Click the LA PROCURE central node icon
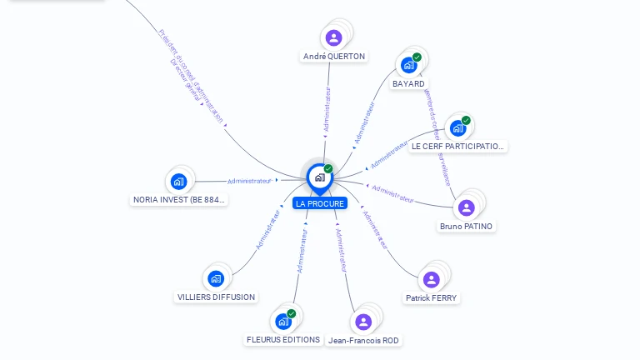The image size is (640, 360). click(319, 177)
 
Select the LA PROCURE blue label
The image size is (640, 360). click(319, 203)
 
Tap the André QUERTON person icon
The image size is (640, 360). click(333, 37)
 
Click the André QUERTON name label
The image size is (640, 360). click(333, 57)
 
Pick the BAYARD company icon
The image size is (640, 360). click(408, 65)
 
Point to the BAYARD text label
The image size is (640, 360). click(408, 83)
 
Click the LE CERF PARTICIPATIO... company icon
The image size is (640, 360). click(457, 127)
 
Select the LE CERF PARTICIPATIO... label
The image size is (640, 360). click(458, 146)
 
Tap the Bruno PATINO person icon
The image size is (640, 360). click(466, 207)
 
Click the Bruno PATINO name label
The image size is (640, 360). click(466, 226)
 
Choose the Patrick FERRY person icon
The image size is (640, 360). click(431, 279)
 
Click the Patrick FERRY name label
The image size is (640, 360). click(431, 297)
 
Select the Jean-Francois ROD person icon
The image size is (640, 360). click(363, 322)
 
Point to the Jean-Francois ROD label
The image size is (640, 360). click(363, 340)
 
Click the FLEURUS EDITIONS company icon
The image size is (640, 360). click(283, 321)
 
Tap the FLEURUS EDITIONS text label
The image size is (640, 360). click(283, 339)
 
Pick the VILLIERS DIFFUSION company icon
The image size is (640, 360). click(216, 278)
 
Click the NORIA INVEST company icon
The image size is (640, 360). click(178, 181)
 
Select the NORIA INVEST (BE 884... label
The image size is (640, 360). click(180, 199)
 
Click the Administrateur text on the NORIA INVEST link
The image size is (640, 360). click(249, 181)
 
